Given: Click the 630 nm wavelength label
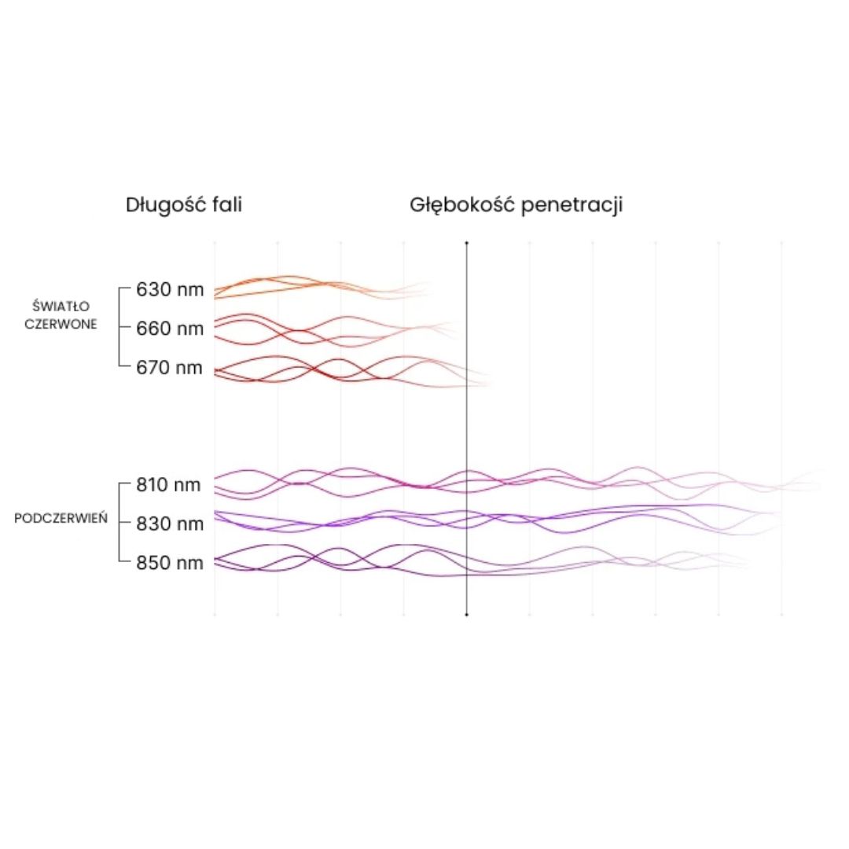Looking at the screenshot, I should click(170, 290).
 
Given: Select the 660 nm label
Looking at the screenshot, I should click(170, 329).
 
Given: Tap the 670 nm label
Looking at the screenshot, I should click(170, 368).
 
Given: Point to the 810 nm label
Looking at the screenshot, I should click(169, 485).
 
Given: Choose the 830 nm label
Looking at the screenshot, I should click(170, 524).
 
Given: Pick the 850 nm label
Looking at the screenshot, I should click(170, 563).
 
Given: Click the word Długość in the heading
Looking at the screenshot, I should click(160, 206).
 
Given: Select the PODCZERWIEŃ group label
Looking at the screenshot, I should click(61, 520).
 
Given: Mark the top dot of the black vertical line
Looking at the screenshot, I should click(466, 243).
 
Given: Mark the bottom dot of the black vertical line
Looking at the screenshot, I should click(466, 615).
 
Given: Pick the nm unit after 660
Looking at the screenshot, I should click(189, 329).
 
